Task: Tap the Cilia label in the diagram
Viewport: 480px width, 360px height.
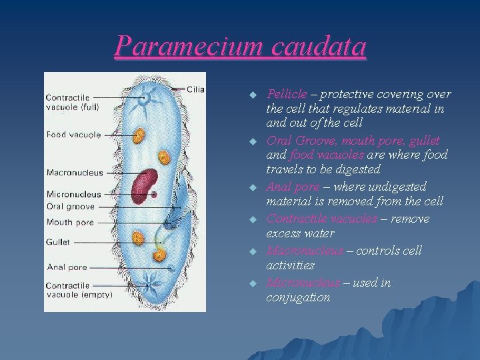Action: pos(195,89)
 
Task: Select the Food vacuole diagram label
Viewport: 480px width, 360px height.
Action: pos(73,135)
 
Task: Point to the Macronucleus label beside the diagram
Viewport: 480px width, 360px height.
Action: pos(75,173)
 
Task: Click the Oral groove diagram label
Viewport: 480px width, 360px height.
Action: pos(70,207)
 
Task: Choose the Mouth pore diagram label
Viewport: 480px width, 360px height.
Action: pos(70,223)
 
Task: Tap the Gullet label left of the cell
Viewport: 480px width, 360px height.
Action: pos(58,242)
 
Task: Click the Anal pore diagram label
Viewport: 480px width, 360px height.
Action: pos(67,267)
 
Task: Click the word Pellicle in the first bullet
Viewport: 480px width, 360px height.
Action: pos(287,94)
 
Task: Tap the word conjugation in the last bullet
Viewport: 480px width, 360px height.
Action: pos(298,298)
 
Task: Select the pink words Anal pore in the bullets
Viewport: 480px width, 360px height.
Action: pos(293,187)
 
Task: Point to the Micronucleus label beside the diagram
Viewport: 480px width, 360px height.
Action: pos(74,194)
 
